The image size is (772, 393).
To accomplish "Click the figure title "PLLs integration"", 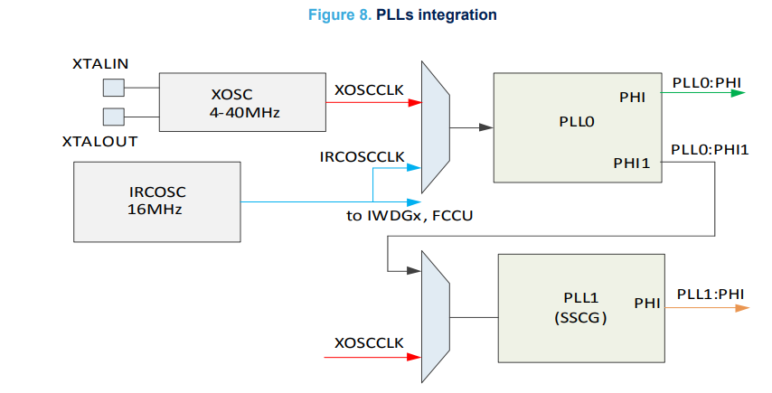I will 442,15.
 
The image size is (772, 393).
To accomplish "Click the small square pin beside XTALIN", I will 114,87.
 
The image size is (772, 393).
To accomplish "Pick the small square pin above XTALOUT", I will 114,117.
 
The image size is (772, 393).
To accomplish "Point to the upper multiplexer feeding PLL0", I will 435,128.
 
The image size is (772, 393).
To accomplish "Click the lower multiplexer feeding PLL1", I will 435,317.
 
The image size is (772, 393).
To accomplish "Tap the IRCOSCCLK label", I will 362,157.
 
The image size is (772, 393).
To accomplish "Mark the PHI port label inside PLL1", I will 646,304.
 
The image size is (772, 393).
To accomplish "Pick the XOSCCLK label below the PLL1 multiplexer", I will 368,343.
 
